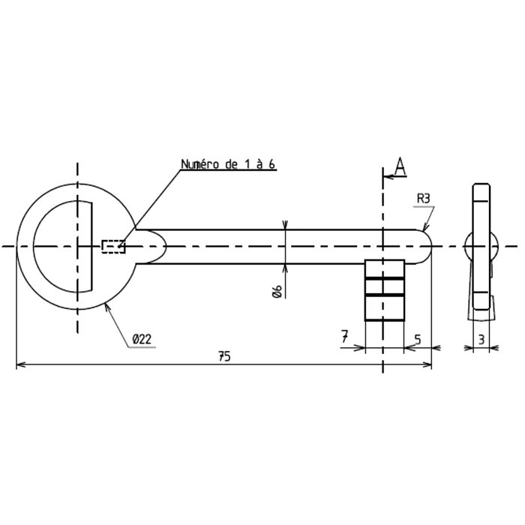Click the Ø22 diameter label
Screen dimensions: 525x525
pyautogui.click(x=142, y=340)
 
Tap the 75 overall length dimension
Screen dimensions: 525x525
pyautogui.click(x=224, y=356)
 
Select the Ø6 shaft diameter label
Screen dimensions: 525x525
pyautogui.click(x=277, y=291)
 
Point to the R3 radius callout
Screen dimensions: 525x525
pyautogui.click(x=423, y=199)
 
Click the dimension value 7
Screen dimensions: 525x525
pyautogui.click(x=344, y=336)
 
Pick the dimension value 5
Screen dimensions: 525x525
pyautogui.click(x=418, y=340)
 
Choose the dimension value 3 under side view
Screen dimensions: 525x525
pyautogui.click(x=481, y=340)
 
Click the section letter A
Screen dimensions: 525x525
pyautogui.click(x=400, y=166)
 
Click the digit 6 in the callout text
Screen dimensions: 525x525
pyautogui.click(x=271, y=164)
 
